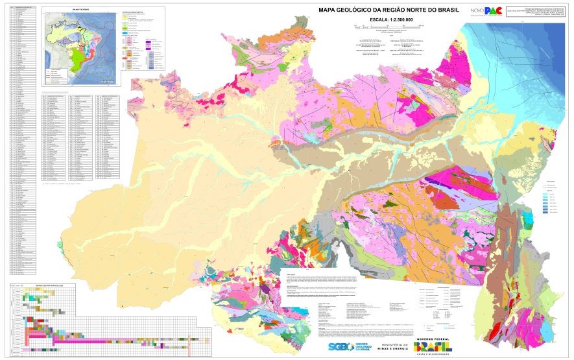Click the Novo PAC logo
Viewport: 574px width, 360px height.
click(486, 10)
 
